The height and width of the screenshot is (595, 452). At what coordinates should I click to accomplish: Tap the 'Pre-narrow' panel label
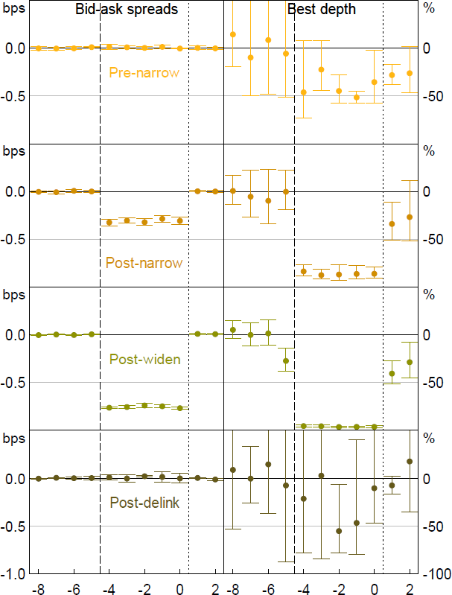click(138, 72)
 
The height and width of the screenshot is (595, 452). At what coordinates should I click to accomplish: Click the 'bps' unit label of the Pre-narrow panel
click(13, 9)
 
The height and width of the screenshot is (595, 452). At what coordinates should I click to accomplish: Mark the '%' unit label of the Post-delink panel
click(428, 437)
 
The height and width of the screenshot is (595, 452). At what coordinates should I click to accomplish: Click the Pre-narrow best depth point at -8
click(233, 34)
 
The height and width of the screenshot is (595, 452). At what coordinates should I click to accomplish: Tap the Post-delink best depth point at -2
click(339, 531)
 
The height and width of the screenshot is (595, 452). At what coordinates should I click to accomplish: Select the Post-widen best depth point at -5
click(285, 361)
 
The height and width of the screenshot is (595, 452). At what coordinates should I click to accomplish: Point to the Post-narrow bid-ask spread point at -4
click(109, 222)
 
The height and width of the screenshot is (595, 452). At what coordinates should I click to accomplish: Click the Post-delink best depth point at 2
click(410, 461)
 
